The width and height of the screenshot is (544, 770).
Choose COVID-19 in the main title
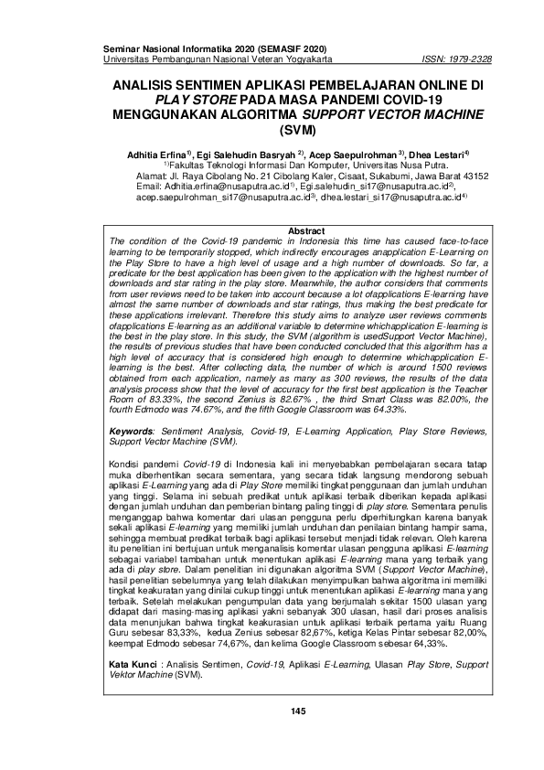[407, 99]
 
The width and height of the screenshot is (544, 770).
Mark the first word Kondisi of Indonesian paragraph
[126, 465]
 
